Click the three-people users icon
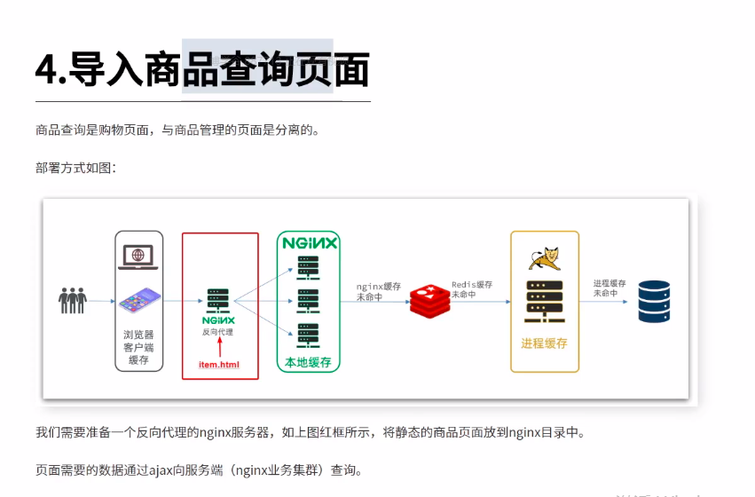73,301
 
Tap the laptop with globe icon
138,258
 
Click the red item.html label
218,364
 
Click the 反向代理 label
218,332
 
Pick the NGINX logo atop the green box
309,242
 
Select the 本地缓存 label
308,362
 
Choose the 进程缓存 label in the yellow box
544,343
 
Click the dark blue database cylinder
654,302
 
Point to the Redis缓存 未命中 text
471,289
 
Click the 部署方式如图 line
75,168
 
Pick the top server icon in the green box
308,265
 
